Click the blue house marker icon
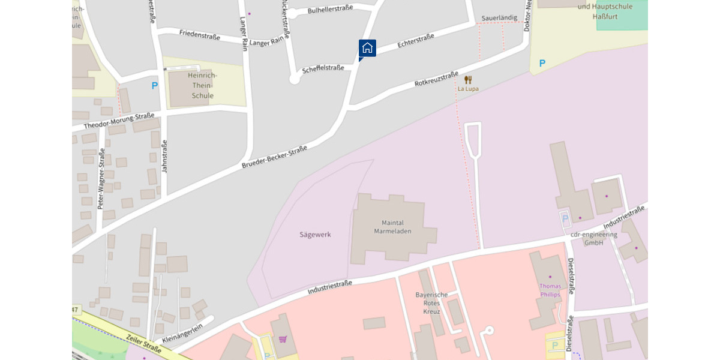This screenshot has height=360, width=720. [x=367, y=48]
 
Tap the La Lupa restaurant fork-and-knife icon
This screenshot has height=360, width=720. [x=468, y=79]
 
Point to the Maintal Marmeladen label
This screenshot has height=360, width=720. [x=393, y=227]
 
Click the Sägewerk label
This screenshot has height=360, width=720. [x=315, y=235]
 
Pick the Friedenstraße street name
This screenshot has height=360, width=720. [x=200, y=35]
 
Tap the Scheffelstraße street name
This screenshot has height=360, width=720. [x=323, y=68]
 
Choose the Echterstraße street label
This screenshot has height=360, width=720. [x=416, y=41]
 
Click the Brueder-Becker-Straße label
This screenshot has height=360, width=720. [x=274, y=157]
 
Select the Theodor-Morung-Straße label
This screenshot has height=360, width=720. [x=119, y=121]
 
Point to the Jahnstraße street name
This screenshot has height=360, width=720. [x=165, y=157]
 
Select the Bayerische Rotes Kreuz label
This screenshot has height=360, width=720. [x=431, y=303]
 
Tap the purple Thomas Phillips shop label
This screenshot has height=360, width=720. [x=550, y=290]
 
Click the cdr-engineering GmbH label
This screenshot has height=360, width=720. [x=593, y=238]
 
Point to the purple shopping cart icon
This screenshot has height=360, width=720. [x=283, y=339]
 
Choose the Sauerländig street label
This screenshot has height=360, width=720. [x=499, y=18]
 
